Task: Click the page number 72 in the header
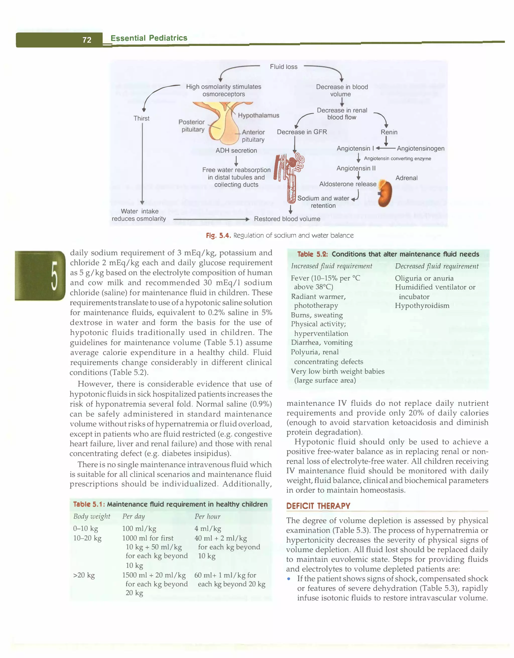pos(87,40)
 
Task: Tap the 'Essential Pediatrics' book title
pos(149,38)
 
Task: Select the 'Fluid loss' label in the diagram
pos(283,67)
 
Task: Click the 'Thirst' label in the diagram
pos(141,118)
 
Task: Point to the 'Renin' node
pos(389,132)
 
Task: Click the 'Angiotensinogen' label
pos(421,148)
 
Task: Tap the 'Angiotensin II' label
pos(356,168)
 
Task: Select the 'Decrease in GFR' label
pos(302,132)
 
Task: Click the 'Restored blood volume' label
pos(287,219)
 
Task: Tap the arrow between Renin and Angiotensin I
pos(386,141)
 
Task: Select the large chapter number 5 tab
pos(40,275)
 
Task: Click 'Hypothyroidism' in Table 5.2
pos(422,305)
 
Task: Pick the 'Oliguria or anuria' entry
pos(424,278)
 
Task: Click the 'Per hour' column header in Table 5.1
pos(207,516)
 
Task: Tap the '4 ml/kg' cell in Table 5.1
pos(208,528)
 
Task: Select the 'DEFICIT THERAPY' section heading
pos(318,506)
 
